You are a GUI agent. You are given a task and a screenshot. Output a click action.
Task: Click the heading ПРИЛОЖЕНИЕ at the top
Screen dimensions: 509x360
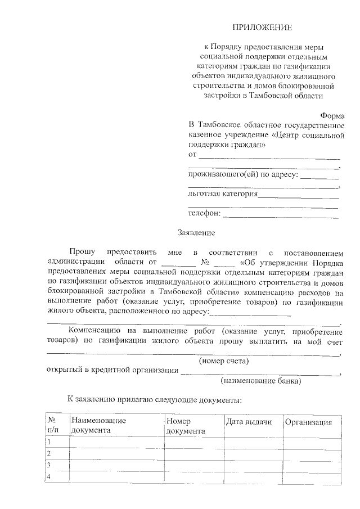(x=263, y=27)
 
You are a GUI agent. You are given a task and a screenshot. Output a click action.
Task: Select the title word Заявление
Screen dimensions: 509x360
(x=196, y=232)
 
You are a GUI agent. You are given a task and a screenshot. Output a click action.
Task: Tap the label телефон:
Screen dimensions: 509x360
(x=205, y=213)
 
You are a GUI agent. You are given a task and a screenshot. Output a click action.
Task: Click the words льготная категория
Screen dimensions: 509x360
(x=223, y=194)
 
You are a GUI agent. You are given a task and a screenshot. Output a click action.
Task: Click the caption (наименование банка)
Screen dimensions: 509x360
(x=260, y=381)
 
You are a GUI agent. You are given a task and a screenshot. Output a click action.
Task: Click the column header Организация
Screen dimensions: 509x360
(x=308, y=422)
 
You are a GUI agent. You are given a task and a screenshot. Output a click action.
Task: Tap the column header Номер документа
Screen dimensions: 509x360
(x=186, y=426)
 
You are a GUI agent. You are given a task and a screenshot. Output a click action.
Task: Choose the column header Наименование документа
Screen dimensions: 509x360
(x=98, y=426)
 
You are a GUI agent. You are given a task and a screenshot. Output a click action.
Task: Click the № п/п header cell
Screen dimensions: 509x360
(x=52, y=426)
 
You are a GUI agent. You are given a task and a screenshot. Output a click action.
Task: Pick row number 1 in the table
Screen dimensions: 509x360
(x=49, y=443)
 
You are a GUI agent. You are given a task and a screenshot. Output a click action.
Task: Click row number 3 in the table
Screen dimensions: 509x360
(x=49, y=465)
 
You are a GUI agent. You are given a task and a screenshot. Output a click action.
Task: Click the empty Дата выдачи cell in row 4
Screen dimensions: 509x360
(x=251, y=477)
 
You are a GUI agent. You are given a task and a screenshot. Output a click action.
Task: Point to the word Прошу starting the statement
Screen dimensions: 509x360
(x=82, y=250)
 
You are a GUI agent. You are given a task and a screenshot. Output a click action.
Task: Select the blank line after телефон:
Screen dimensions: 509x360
(x=281, y=214)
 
